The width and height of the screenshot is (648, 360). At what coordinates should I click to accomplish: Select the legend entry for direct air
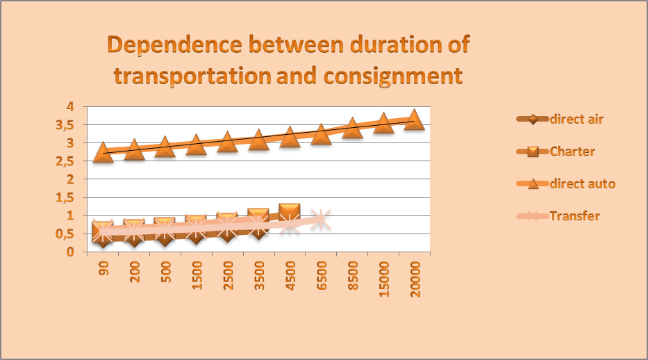pyautogui.click(x=576, y=119)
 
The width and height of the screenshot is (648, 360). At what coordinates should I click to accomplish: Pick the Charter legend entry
pyautogui.click(x=572, y=151)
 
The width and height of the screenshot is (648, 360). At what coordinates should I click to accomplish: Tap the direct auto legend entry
pyautogui.click(x=582, y=183)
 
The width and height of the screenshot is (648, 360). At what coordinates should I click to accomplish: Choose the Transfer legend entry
pyautogui.click(x=574, y=215)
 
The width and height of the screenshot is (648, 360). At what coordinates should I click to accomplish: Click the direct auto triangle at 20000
pyautogui.click(x=415, y=118)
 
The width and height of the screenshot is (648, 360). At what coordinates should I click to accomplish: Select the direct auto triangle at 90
pyautogui.click(x=103, y=152)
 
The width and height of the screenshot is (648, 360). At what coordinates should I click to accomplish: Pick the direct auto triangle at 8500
pyautogui.click(x=352, y=127)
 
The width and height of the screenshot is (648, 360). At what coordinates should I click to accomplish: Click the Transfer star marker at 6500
pyautogui.click(x=320, y=219)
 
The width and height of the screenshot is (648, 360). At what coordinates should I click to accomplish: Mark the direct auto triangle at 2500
pyautogui.click(x=227, y=142)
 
